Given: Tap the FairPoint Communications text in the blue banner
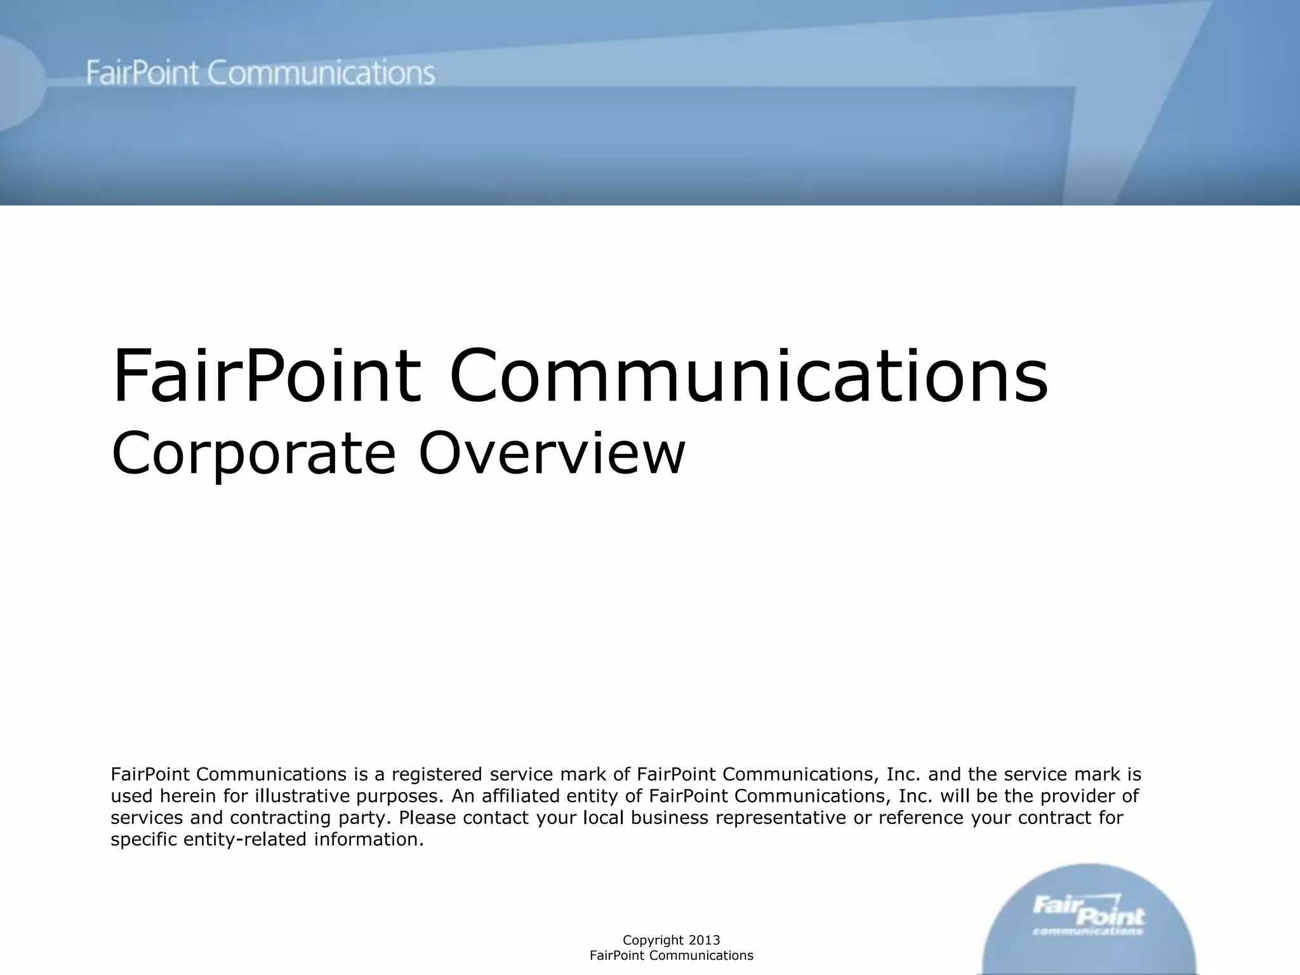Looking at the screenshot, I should point(260,74).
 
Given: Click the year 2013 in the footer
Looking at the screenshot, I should point(704,940).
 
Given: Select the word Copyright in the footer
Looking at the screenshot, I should point(653,940).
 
